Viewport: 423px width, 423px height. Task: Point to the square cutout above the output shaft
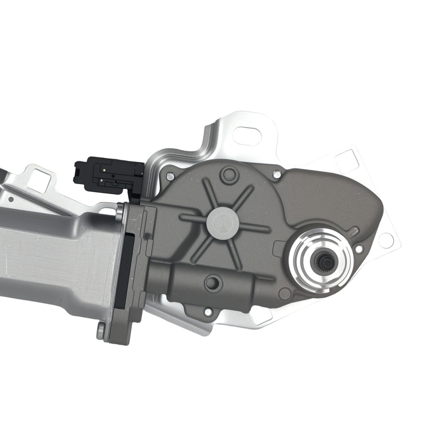347,161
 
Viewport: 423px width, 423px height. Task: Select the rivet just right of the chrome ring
359,249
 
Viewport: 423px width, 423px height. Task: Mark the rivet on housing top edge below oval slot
277,174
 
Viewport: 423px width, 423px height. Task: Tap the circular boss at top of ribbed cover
229,173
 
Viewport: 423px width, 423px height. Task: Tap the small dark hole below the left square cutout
11,199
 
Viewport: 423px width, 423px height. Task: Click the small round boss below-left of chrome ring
285,291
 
